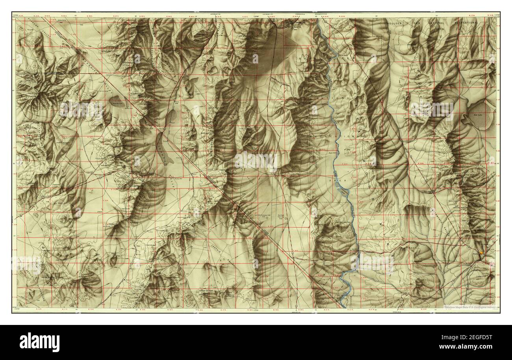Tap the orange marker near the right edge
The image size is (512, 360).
pos(481,253)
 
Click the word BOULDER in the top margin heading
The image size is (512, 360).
pos(397,23)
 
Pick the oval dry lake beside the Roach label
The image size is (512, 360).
pos(172,118)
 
